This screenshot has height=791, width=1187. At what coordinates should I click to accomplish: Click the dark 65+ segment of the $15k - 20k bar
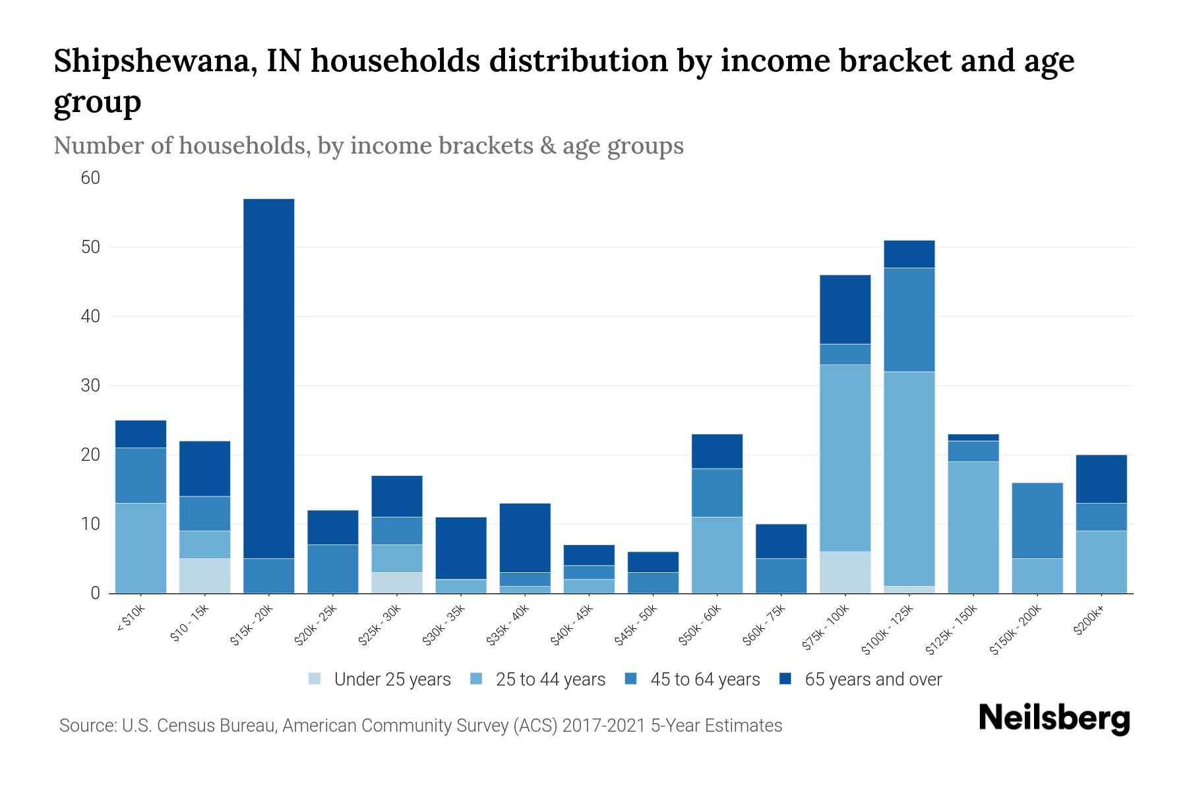(268, 378)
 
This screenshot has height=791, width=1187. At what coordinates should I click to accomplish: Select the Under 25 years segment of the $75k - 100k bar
(845, 572)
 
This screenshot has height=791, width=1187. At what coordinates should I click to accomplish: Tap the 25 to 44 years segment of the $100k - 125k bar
(909, 479)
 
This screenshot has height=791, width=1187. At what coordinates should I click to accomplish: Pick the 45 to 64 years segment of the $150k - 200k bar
(1037, 521)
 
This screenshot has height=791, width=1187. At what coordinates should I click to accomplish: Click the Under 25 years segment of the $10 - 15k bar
(204, 575)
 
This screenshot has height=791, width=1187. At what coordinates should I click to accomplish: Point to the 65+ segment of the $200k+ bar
(1101, 479)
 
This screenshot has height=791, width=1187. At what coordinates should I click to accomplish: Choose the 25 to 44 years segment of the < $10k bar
(140, 548)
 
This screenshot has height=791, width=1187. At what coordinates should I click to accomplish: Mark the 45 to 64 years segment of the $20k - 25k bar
(332, 568)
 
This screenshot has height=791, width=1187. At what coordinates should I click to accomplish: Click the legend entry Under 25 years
(392, 680)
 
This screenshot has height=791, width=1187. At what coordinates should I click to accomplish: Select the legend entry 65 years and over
(873, 680)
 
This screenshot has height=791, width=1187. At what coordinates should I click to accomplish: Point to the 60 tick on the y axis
(90, 178)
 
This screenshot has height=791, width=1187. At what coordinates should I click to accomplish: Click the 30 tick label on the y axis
(90, 386)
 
